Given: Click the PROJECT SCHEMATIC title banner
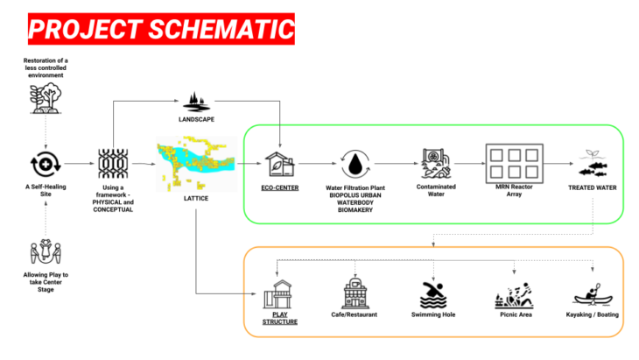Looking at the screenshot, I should (160, 29).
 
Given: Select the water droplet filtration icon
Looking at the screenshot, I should (355, 164).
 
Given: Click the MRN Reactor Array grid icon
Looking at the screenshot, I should (515, 164).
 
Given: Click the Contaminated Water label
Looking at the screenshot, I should (436, 191).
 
